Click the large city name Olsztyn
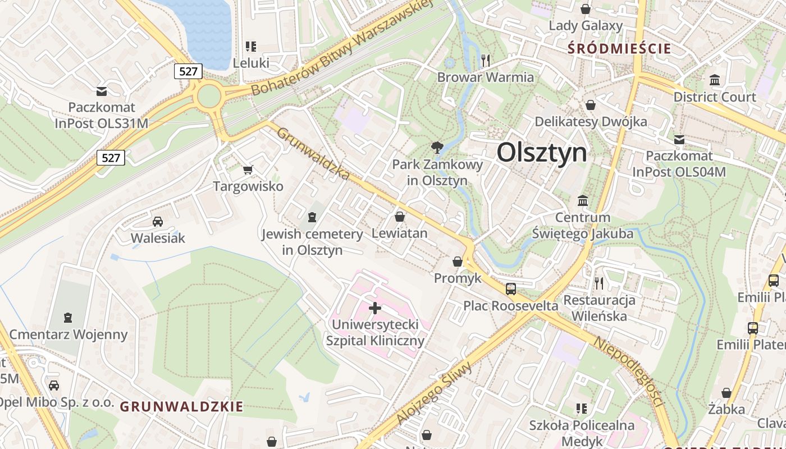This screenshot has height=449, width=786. pos(542,152)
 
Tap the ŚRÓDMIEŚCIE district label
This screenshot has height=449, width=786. pos(619,48)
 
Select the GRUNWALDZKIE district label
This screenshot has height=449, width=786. pos(182,406)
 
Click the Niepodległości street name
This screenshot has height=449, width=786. pos(629,372)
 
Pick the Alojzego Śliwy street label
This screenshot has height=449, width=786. pos(435,392)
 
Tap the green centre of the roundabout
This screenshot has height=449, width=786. pos(209,95)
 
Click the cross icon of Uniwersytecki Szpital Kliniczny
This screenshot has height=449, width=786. pos(375,308)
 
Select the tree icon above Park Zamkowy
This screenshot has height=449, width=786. pos(437,148)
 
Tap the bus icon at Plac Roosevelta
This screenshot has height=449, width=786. pos(511,289)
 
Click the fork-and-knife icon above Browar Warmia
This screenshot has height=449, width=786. pos(486,60)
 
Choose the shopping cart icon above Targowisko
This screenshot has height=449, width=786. pos(248,169)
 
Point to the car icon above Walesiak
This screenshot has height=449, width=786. pos(158,221)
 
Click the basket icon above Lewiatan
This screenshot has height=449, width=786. pos(400,216)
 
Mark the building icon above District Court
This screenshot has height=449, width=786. pos(715,80)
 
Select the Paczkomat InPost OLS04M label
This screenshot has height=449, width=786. pos(679,163)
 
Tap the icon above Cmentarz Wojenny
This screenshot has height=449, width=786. pos(68,318)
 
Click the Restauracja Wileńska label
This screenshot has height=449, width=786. pos(600,308)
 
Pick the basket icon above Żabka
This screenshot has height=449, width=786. pos(726,393)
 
